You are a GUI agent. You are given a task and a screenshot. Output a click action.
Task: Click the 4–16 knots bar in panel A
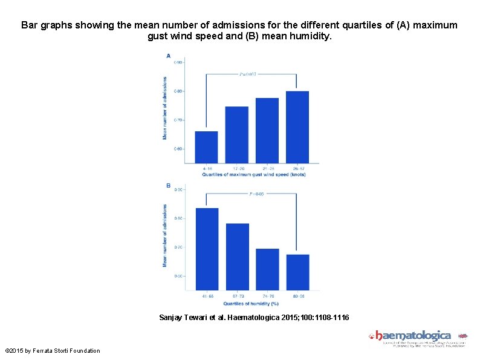click(x=207, y=147)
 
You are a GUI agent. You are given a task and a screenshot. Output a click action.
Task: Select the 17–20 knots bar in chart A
click(x=237, y=134)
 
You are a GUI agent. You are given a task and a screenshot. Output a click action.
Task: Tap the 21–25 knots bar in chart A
click(x=267, y=130)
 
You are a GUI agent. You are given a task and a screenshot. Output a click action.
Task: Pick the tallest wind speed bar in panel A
click(x=297, y=126)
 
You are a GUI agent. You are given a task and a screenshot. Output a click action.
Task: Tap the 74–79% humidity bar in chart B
click(x=267, y=270)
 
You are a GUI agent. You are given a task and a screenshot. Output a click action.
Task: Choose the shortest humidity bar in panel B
click(x=297, y=272)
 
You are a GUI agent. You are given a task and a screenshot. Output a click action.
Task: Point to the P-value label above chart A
click(x=248, y=74)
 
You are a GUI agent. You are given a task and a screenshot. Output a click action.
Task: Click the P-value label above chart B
click(x=257, y=194)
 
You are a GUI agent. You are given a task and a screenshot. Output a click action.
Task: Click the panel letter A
click(x=168, y=56)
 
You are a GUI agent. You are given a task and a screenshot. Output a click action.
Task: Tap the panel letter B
click(x=168, y=185)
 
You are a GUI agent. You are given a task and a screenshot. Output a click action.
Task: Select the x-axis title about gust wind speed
click(x=254, y=175)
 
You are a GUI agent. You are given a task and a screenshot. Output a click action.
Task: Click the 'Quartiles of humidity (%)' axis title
click(x=251, y=303)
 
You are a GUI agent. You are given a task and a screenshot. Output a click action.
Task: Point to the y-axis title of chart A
click(x=165, y=108)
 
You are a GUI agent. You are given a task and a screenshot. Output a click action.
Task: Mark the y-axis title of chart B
click(x=165, y=235)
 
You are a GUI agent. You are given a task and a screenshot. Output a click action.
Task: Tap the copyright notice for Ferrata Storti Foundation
click(x=52, y=350)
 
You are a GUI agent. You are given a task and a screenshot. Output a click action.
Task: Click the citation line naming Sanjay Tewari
click(x=254, y=317)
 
